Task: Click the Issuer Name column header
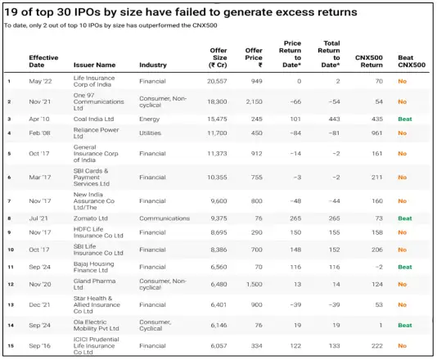point(94,65)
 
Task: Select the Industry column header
point(153,65)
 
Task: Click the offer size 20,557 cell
point(215,81)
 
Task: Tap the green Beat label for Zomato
point(404,218)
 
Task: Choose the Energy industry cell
point(149,119)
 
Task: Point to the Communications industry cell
point(164,218)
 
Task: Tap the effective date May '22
point(41,81)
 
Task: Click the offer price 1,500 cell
point(253,284)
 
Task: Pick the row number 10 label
point(11,249)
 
